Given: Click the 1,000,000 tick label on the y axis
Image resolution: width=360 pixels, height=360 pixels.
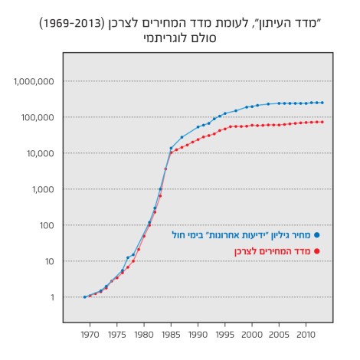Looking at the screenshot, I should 33,81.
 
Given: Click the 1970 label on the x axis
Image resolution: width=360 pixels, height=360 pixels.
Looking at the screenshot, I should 90,335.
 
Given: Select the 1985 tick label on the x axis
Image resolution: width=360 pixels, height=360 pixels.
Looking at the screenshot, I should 172,335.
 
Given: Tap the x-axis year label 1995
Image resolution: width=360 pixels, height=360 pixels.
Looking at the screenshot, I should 225,335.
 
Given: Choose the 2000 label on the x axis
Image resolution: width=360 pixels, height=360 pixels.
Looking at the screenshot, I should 252,335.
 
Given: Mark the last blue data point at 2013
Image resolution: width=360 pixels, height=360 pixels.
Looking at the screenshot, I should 322,103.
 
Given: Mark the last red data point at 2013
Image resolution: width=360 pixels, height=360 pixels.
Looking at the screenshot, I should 322,122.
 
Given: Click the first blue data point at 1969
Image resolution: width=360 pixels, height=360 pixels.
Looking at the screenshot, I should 84,297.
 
